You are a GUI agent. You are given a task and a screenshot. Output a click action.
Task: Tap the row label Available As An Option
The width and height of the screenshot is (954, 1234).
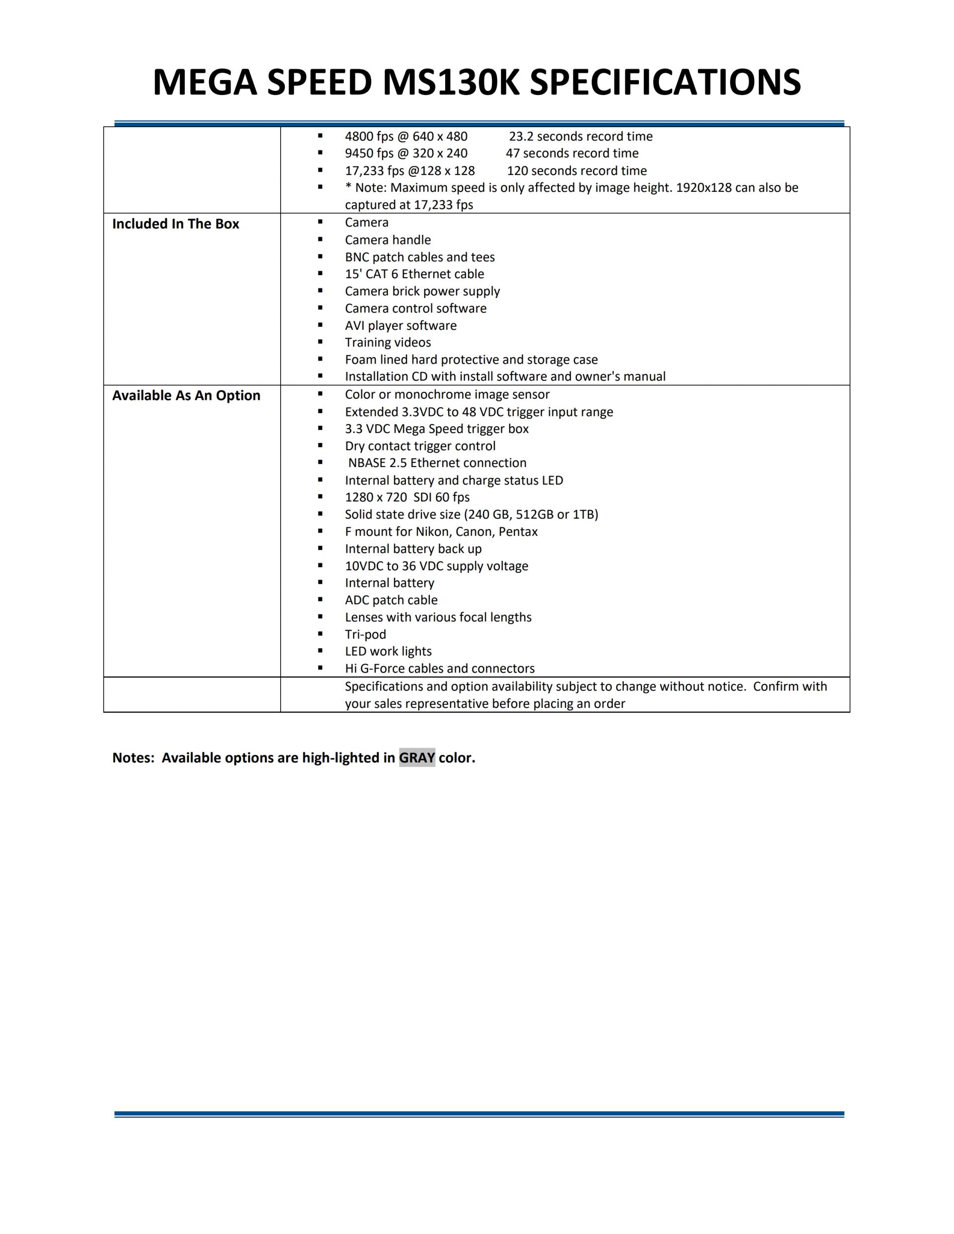(186, 395)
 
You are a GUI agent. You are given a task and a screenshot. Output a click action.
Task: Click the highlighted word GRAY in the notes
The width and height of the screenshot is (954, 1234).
(417, 758)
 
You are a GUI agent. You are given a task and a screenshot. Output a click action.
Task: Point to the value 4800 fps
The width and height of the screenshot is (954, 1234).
(369, 136)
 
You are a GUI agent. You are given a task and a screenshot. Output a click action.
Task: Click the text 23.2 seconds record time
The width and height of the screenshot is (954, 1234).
(580, 136)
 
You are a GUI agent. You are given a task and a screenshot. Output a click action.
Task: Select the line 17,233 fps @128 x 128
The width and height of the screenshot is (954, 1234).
(410, 170)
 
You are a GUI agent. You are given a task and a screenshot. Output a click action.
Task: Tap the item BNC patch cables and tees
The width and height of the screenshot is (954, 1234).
(420, 257)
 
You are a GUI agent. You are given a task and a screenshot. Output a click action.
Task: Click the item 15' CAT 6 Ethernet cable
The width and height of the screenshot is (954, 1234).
(414, 274)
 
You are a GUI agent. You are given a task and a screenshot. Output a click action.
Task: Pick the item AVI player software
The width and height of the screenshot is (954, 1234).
(400, 325)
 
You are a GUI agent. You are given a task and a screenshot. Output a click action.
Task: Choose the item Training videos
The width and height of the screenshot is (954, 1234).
(388, 342)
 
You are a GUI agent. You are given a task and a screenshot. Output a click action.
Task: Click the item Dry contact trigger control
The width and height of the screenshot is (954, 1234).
(420, 446)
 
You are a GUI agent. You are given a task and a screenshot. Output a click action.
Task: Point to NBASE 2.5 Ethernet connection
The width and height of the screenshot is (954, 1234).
(437, 463)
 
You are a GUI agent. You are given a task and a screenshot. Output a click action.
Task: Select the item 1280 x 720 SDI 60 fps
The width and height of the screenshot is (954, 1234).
(407, 497)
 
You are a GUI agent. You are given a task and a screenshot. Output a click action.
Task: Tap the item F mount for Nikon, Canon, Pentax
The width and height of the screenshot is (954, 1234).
(441, 532)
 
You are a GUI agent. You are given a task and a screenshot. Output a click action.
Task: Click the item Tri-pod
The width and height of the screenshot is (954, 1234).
(365, 634)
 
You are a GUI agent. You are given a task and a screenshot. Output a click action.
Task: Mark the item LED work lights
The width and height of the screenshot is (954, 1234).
(388, 651)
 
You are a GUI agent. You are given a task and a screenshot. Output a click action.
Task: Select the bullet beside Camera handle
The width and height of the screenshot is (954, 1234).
(320, 239)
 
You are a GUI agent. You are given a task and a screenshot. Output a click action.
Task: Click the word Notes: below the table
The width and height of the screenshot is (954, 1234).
(133, 758)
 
